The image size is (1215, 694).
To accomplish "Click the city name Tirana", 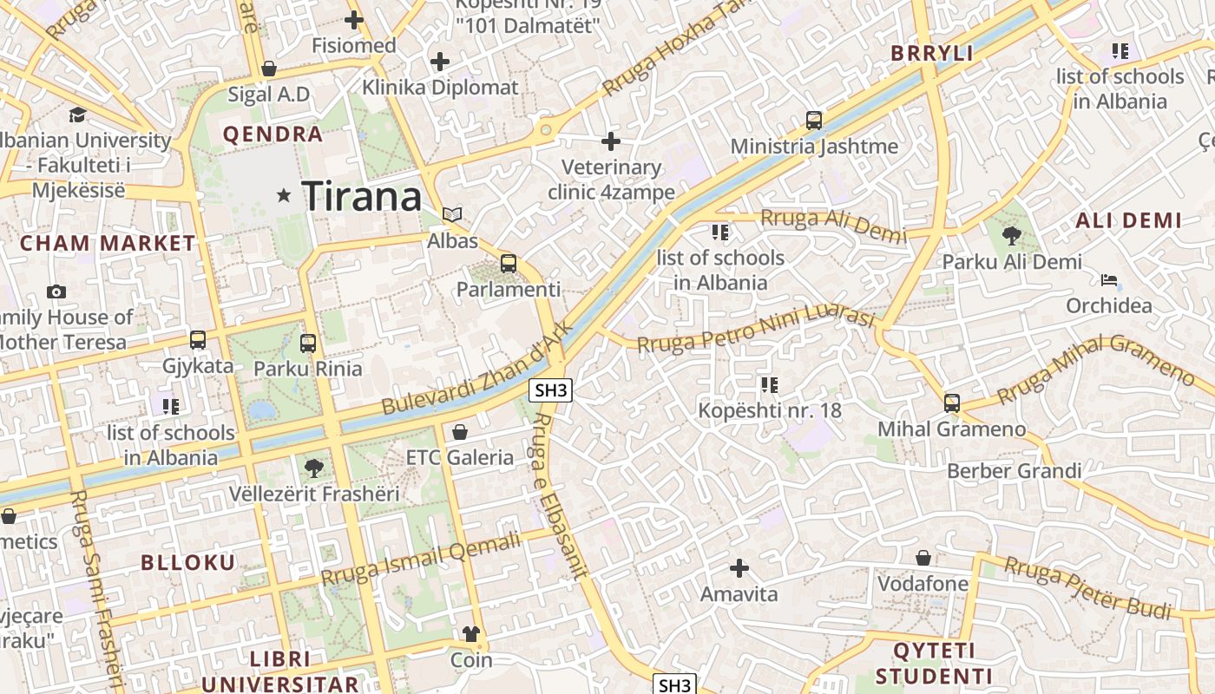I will click(362, 196).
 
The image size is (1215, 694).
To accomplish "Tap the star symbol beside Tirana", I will click(283, 196).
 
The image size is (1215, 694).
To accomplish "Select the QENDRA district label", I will click(273, 134).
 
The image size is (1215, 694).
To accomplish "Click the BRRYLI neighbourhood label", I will click(932, 53).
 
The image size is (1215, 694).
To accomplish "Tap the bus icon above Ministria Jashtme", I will click(813, 121).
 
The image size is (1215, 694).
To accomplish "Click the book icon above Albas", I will click(452, 214).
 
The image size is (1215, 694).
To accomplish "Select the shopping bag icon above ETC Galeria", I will click(460, 431).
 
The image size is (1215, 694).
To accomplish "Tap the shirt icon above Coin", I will click(471, 633).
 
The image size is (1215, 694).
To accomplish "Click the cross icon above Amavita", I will click(739, 568).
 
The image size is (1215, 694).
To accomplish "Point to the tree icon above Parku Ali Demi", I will click(1011, 235).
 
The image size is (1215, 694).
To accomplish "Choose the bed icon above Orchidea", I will click(1109, 280).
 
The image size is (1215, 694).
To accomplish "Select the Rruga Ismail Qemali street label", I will click(421, 560).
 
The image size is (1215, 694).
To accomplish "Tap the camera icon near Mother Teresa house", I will click(56, 292).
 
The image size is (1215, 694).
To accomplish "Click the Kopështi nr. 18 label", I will click(770, 410).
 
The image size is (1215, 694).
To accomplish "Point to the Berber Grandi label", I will click(1014, 471).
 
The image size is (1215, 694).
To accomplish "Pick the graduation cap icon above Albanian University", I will click(77, 115).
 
